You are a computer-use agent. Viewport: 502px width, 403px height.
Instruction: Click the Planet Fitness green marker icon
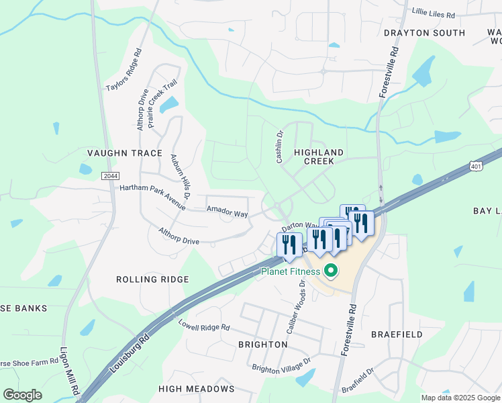330,271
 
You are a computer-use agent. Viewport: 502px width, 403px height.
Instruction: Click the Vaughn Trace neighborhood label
125,153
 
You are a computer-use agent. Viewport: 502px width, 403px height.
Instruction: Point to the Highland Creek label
319,157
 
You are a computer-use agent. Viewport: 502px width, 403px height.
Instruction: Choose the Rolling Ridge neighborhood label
152,279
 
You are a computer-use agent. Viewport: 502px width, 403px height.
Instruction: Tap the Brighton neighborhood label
263,345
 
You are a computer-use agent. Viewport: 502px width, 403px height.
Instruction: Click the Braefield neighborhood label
397,334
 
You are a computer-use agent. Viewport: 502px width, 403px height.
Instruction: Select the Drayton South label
424,33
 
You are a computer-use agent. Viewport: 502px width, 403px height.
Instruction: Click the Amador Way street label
227,211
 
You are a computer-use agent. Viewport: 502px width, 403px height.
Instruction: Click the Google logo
22,395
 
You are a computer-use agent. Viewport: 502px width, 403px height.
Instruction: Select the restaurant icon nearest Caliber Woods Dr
289,247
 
